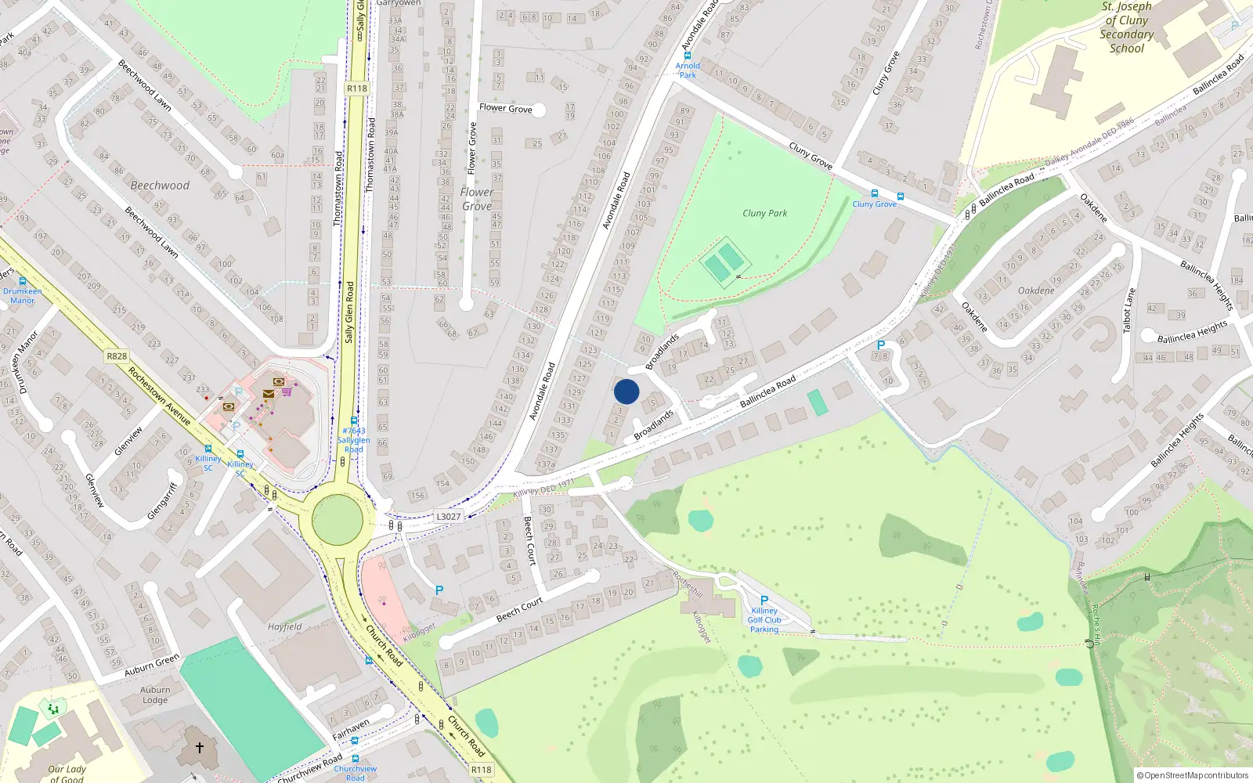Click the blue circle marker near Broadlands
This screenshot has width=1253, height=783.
point(626,391)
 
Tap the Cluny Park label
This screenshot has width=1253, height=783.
point(764,213)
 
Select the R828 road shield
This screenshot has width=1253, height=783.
point(117,356)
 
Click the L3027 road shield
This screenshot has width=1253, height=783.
point(449,517)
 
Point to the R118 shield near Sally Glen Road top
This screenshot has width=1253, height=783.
point(357,88)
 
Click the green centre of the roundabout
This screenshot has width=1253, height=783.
point(338,519)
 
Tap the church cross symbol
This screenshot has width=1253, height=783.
point(200,747)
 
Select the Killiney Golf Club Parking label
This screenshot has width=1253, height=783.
point(764,620)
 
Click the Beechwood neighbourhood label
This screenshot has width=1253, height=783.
point(160,186)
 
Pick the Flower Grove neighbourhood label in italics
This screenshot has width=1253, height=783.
point(477,199)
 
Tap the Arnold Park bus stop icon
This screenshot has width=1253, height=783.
point(688,56)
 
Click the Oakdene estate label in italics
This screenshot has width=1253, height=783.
point(1036,290)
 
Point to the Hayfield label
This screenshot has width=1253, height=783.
point(284,626)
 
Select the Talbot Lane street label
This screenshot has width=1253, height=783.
point(1129,309)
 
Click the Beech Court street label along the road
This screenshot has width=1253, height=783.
point(519,610)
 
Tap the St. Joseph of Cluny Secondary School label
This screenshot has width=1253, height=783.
point(1126,27)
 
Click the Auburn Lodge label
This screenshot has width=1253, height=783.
point(155,695)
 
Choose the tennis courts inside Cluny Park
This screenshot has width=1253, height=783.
point(724,262)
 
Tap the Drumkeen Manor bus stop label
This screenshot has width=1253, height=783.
point(23,295)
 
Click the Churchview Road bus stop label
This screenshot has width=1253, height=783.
point(355,773)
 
